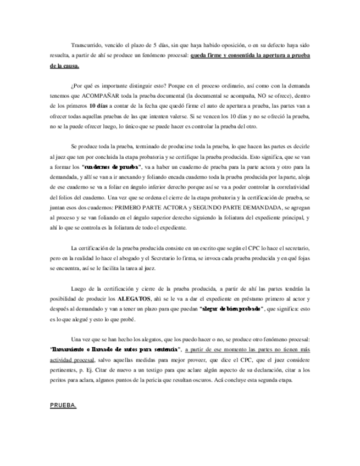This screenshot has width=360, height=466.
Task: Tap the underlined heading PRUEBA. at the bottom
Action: click(x=63, y=406)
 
